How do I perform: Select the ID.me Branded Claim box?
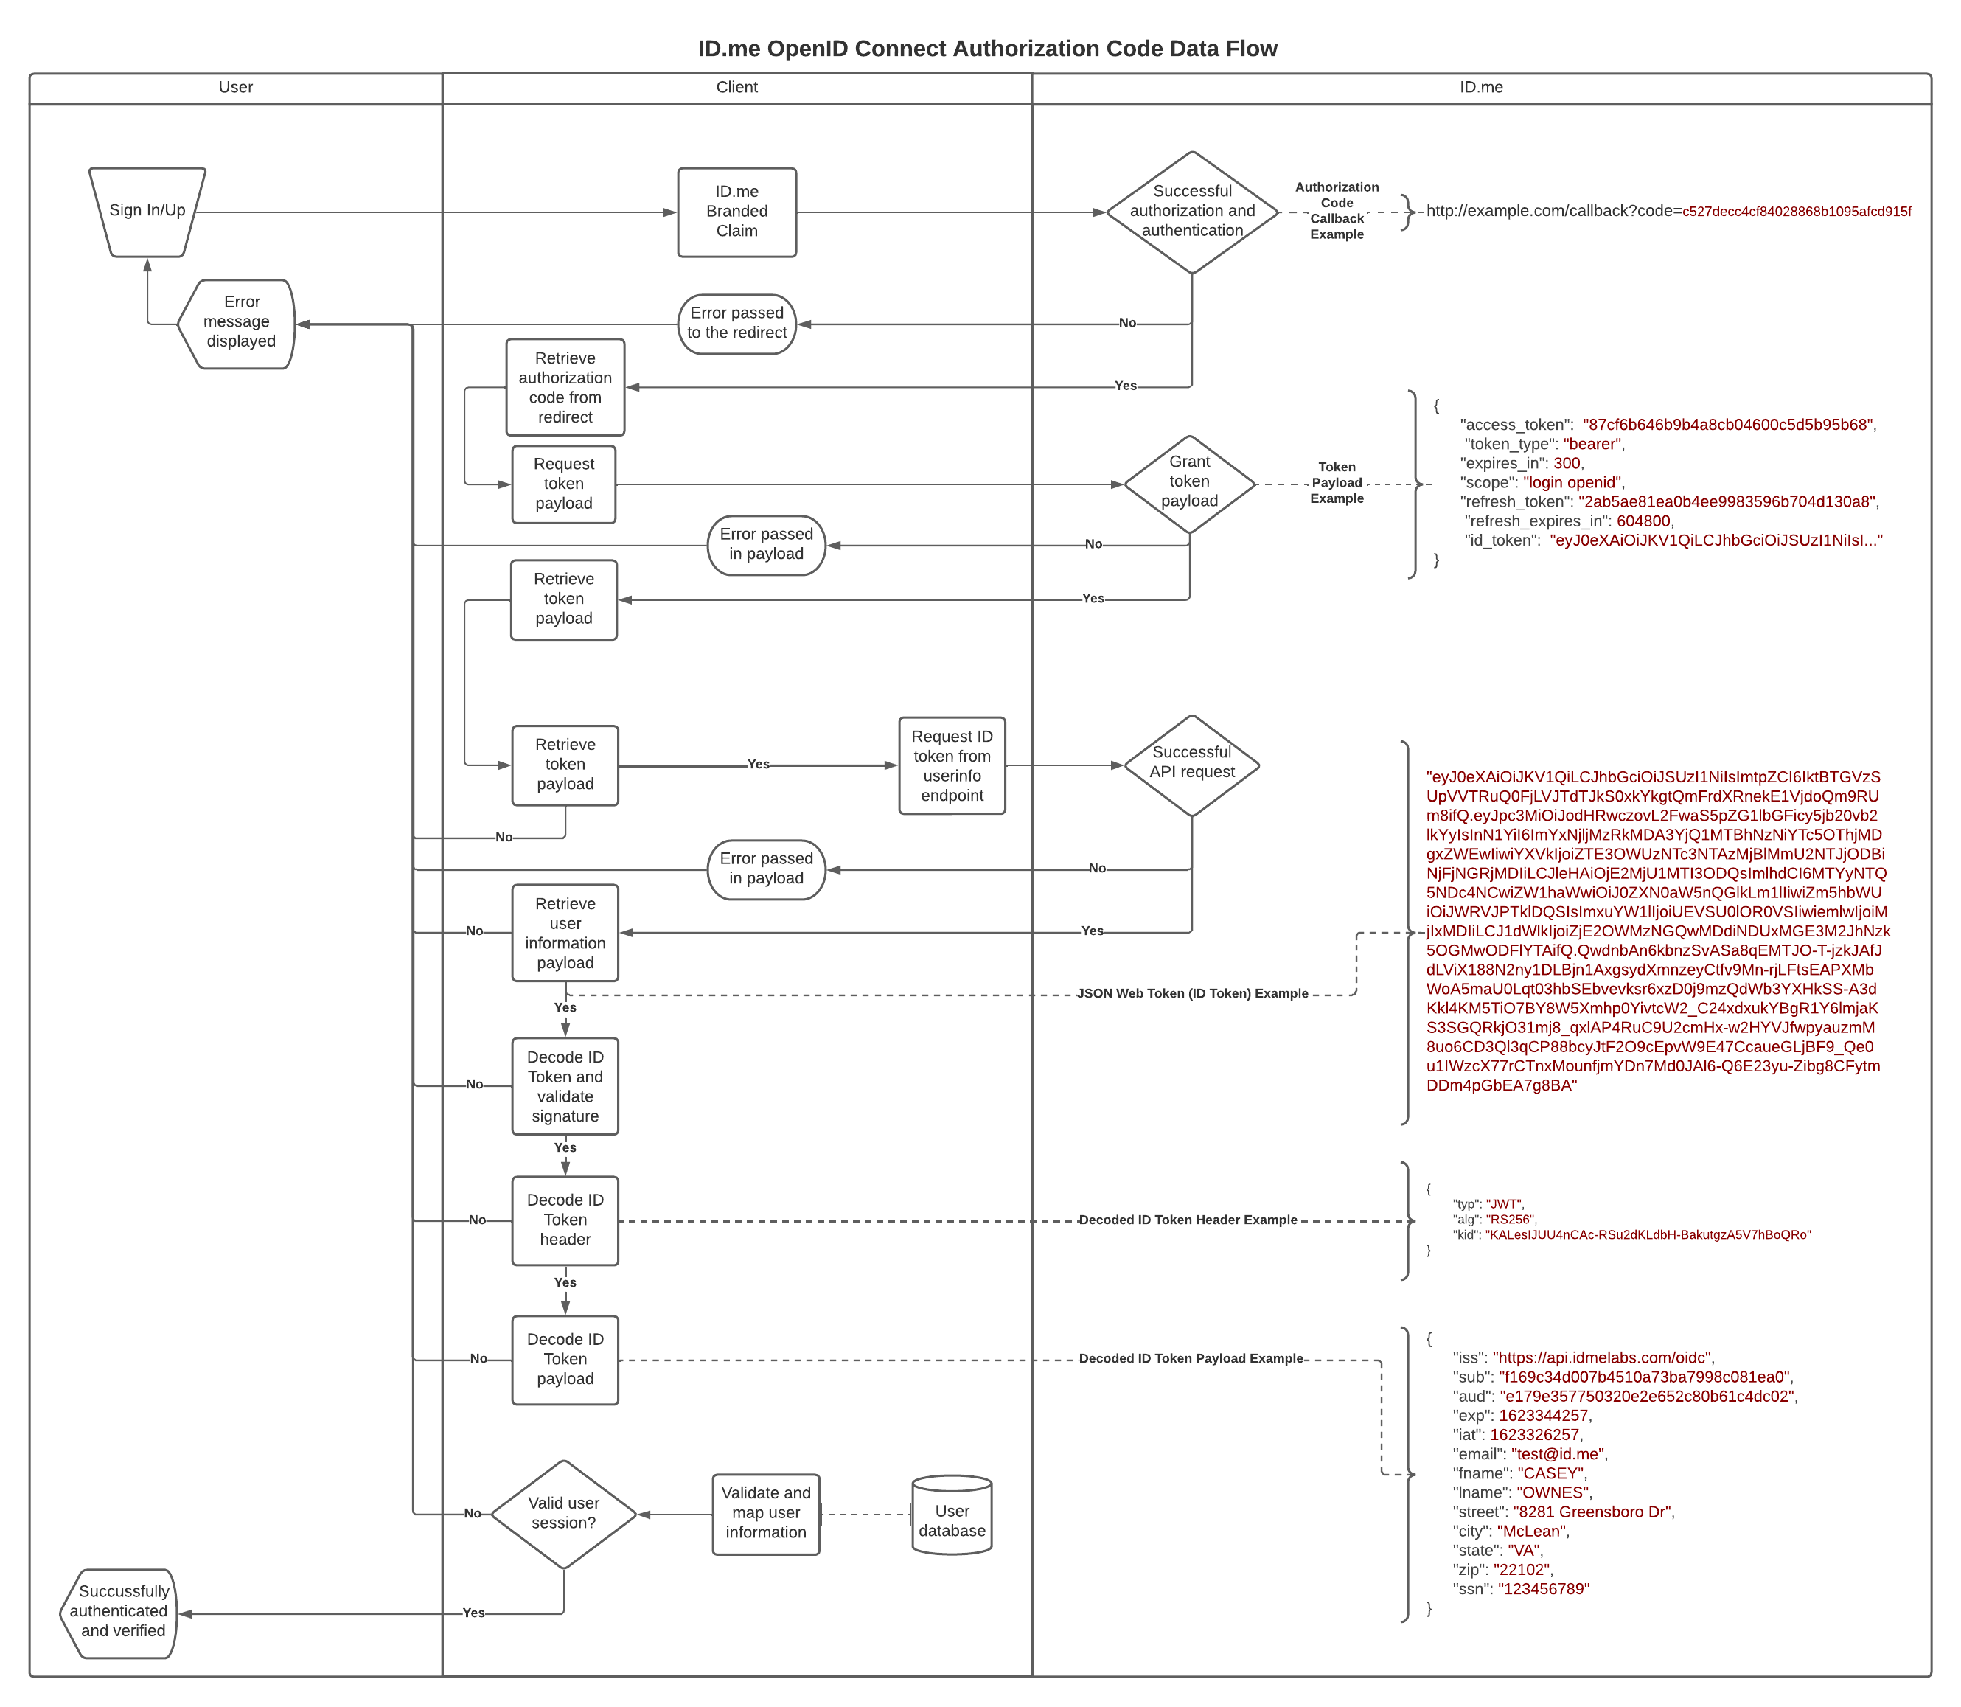coord(736,212)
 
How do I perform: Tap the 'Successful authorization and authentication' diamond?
coord(1191,212)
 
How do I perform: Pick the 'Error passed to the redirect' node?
coord(736,323)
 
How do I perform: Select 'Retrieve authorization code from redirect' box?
coord(565,388)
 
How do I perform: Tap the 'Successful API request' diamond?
coord(1191,763)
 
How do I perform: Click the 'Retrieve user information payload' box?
coord(565,933)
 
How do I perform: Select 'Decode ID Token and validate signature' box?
coord(565,1086)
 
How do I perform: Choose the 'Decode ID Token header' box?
coord(565,1220)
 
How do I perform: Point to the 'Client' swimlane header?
coord(736,88)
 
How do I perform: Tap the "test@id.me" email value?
coord(1557,1453)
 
